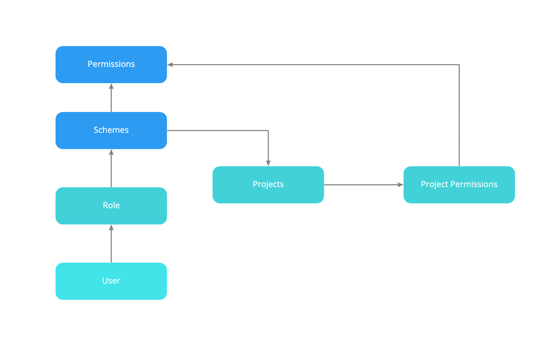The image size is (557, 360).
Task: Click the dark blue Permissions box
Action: [x=111, y=65]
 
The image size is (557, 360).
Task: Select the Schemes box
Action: [x=111, y=130]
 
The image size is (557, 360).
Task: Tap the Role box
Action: [x=111, y=206]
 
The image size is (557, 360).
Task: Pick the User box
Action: [x=111, y=281]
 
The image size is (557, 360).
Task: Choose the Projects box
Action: [x=268, y=184]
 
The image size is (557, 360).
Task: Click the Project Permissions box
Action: [x=459, y=184]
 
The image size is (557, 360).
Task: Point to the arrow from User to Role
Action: [x=111, y=245]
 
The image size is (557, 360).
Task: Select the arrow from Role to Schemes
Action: [x=111, y=169]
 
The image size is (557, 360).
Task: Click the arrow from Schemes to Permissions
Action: [x=111, y=99]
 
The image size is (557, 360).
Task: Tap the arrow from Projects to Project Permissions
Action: [x=362, y=184]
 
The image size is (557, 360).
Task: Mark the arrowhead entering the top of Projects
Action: [x=268, y=163]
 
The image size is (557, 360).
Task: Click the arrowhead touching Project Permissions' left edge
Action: [x=400, y=184]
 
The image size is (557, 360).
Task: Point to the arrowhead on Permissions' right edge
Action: [x=171, y=65]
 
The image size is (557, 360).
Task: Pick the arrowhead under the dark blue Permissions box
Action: [x=111, y=86]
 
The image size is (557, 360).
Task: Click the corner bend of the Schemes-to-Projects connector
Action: [x=268, y=130]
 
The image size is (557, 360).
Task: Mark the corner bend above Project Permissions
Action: [x=459, y=65]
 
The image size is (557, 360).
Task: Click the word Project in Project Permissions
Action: [x=433, y=184]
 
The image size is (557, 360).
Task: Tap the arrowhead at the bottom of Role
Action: [x=111, y=228]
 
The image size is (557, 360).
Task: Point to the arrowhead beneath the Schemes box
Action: [x=111, y=152]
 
